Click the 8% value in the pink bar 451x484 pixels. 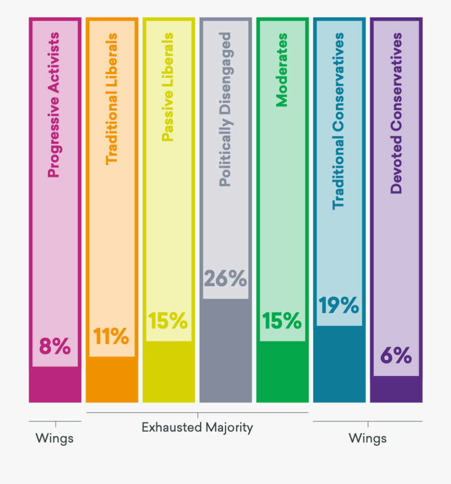click(55, 347)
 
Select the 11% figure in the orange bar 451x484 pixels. click(111, 336)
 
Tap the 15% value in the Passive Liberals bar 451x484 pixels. click(168, 321)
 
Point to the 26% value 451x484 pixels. click(225, 279)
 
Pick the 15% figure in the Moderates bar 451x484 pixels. click(282, 321)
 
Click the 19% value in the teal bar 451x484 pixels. click(338, 306)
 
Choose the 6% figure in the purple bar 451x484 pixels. click(396, 356)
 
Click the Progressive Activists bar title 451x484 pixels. click(54, 105)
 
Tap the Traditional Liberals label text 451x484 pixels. click(112, 98)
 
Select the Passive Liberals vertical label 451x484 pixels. click(168, 87)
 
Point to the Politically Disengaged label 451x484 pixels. click(225, 109)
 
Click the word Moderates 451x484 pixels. click(282, 70)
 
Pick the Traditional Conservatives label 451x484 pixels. click(338, 121)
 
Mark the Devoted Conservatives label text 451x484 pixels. click(396, 113)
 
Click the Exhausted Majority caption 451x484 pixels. click(197, 428)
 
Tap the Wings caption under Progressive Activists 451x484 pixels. click(55, 438)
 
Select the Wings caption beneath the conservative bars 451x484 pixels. click(367, 438)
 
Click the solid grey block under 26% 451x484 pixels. click(225, 350)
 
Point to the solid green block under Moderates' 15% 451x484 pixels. click(282, 371)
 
